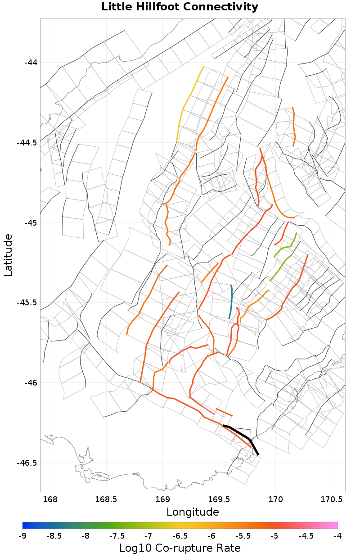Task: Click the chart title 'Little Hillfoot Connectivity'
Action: [180, 7]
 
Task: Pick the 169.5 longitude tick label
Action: [219, 499]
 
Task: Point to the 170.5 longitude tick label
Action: [332, 499]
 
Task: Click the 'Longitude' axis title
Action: [193, 512]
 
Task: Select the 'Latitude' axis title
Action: [8, 254]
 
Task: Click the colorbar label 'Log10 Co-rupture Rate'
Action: [180, 548]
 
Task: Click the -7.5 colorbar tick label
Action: [117, 535]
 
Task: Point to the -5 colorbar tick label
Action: [274, 535]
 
